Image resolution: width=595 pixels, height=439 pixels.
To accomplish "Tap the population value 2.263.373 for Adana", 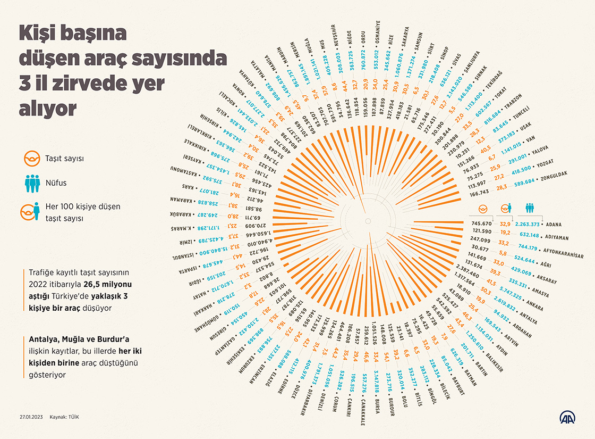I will coord(528,225).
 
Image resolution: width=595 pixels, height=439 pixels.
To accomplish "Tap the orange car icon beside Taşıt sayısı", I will coord(32,159).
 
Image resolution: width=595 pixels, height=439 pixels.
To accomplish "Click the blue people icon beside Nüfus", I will coord(32,183).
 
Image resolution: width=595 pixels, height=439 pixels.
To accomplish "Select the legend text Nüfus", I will coord(56,183).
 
